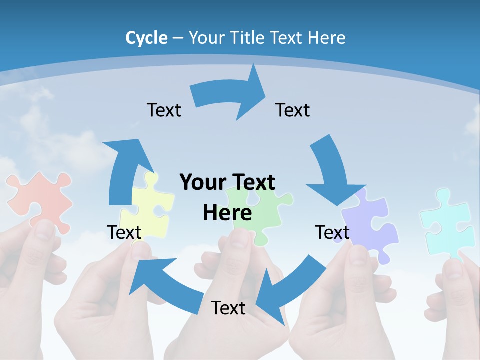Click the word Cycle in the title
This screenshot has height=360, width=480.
(x=146, y=38)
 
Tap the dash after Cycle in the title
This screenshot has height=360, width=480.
(x=178, y=38)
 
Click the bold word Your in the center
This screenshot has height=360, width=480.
(x=199, y=182)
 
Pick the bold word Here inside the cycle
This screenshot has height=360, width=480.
(x=227, y=213)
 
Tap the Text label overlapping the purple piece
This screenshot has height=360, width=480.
(x=332, y=232)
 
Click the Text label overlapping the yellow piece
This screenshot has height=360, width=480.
(x=124, y=232)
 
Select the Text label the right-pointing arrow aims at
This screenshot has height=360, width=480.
(x=293, y=110)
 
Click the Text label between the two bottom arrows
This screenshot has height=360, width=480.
(x=228, y=308)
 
